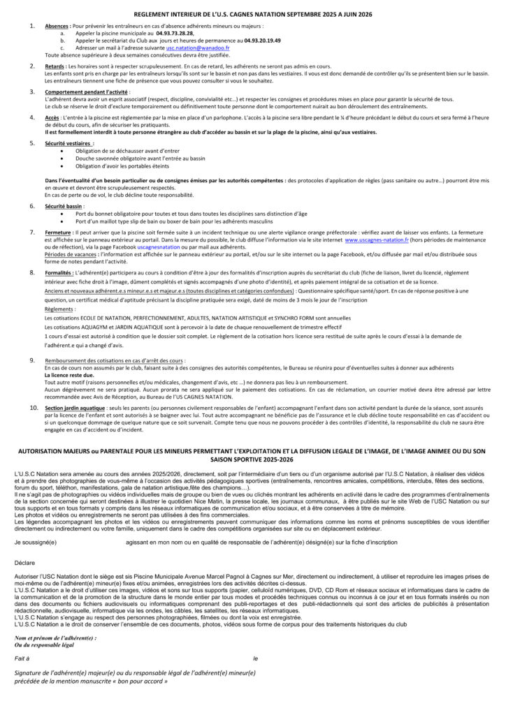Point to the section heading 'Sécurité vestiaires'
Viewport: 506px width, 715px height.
[x=69, y=143]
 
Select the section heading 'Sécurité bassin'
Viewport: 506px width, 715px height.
[x=64, y=207]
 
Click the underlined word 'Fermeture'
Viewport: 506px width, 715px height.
[x=59, y=231]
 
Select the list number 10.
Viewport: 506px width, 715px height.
[x=33, y=407]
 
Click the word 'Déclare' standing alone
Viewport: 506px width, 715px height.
[x=24, y=561]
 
